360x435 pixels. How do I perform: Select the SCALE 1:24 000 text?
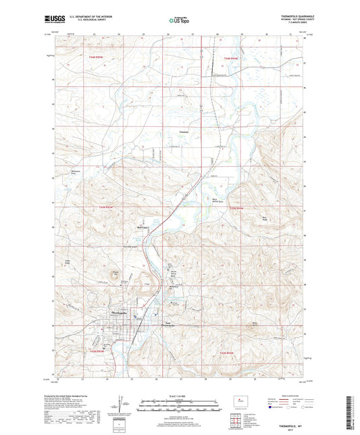coord(179,396)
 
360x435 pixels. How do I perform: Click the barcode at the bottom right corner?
coord(351,412)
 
